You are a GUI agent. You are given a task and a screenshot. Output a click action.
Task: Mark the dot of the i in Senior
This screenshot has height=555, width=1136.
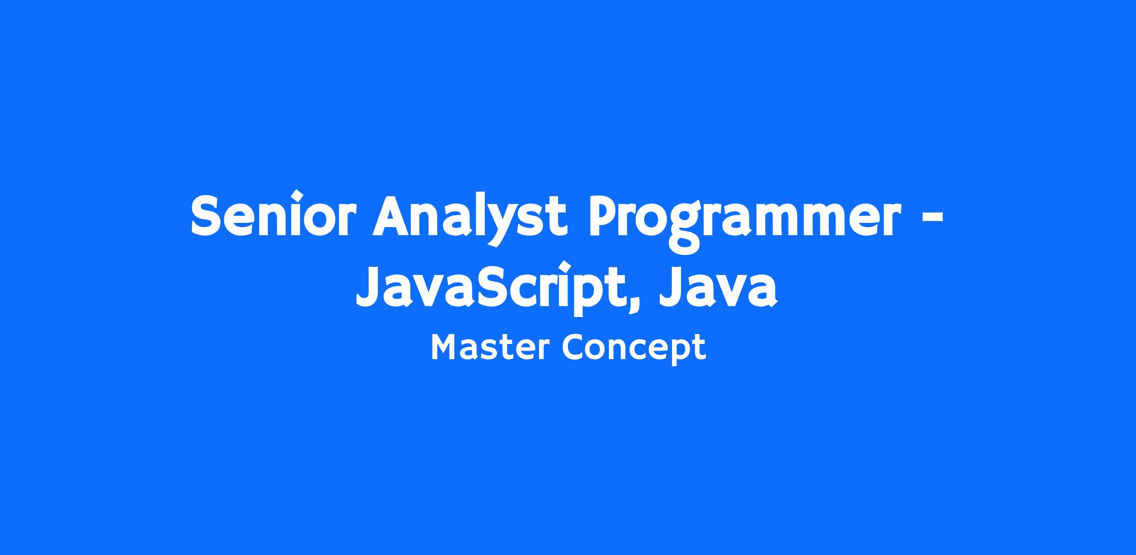point(297,195)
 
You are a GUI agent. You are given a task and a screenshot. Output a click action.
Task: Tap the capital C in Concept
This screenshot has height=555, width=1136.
point(575,348)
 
